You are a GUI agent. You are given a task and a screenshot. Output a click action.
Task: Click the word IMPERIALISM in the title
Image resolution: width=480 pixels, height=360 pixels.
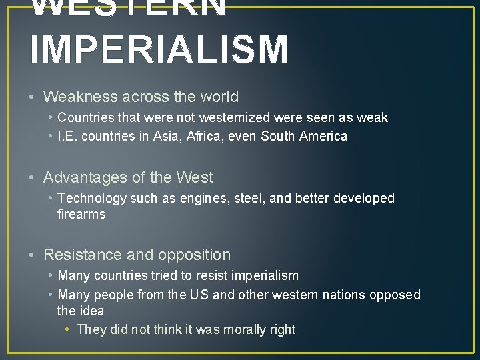tap(159, 50)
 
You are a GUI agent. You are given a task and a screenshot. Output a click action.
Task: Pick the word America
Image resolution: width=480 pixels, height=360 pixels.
tap(323, 137)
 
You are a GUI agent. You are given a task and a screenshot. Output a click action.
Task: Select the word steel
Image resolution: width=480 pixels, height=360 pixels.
tap(250, 199)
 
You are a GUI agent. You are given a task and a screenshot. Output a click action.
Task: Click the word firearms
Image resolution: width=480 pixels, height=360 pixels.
tap(81, 215)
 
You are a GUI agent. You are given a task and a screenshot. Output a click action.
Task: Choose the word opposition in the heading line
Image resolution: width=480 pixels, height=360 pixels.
tap(195, 255)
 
